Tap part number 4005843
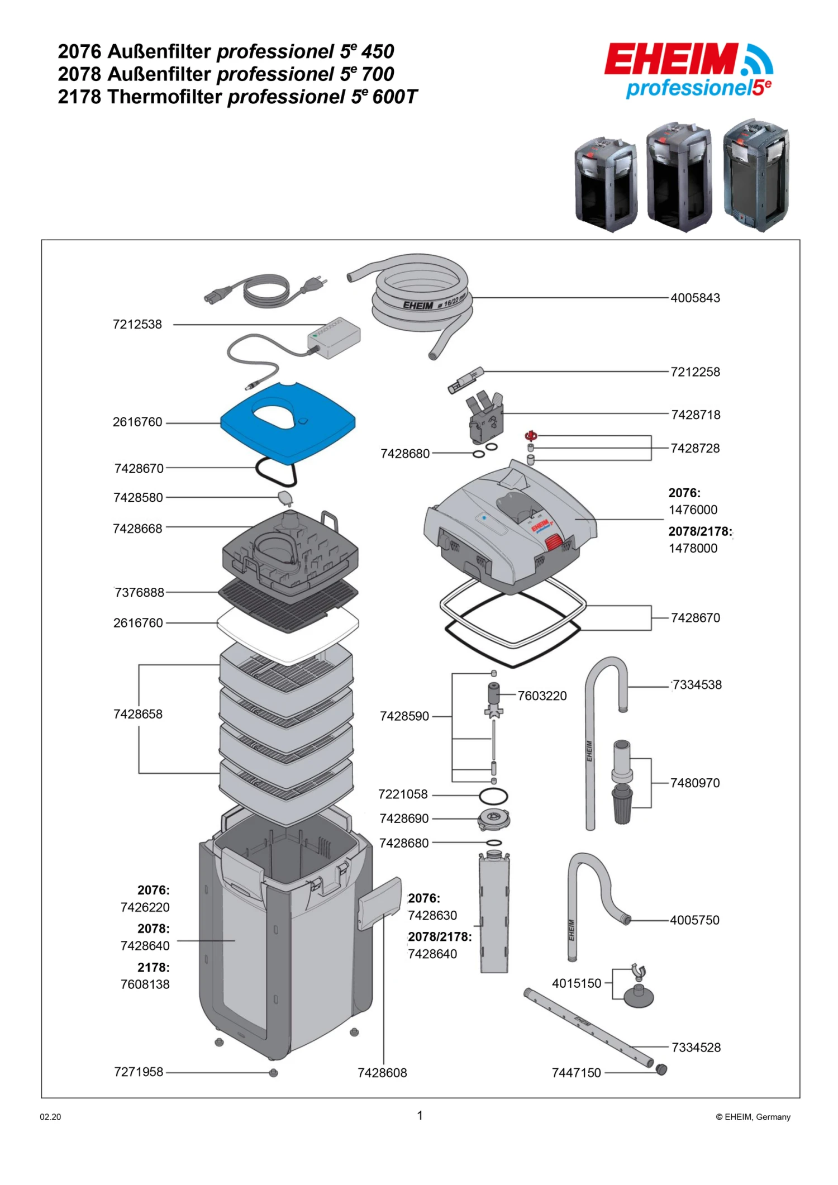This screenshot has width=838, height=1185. (695, 298)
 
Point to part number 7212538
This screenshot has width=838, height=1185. (137, 325)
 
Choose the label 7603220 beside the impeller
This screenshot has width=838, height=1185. (542, 696)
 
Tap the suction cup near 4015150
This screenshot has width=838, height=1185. (639, 996)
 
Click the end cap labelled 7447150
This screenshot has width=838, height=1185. (661, 1070)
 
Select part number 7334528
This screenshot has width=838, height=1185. (696, 1048)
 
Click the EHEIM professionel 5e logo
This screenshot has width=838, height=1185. (689, 71)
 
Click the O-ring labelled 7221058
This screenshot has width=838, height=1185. (493, 795)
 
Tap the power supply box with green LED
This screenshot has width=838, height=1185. (334, 337)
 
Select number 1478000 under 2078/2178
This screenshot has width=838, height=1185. (693, 549)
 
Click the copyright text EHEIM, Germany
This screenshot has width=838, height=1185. (753, 1117)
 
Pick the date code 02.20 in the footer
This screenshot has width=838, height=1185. (50, 1117)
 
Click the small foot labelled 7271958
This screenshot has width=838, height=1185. (273, 1073)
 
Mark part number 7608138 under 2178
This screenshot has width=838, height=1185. (145, 984)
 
